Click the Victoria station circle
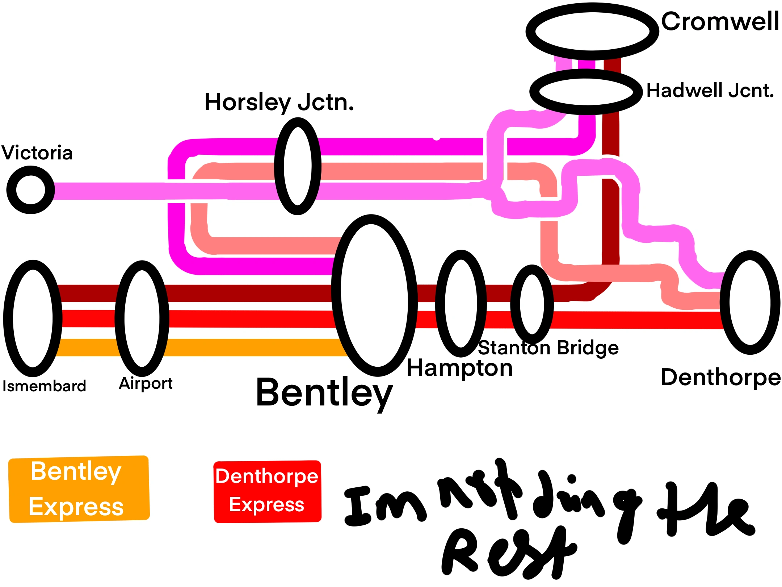click(x=31, y=190)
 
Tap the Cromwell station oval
click(x=592, y=32)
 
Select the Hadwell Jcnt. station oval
click(x=585, y=92)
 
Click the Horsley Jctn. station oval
click(x=298, y=166)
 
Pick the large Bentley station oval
click(x=374, y=295)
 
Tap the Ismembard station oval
click(x=33, y=319)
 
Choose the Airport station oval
click(x=142, y=319)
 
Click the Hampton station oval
click(x=461, y=304)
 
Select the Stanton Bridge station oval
click(x=532, y=304)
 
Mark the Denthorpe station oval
click(x=750, y=302)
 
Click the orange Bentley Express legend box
click(x=79, y=489)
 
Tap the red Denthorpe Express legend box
click(x=267, y=491)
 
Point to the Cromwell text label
click(x=720, y=22)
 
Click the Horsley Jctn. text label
click(x=279, y=102)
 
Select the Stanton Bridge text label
click(x=548, y=348)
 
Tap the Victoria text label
click(x=37, y=153)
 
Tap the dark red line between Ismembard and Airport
click(x=89, y=293)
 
